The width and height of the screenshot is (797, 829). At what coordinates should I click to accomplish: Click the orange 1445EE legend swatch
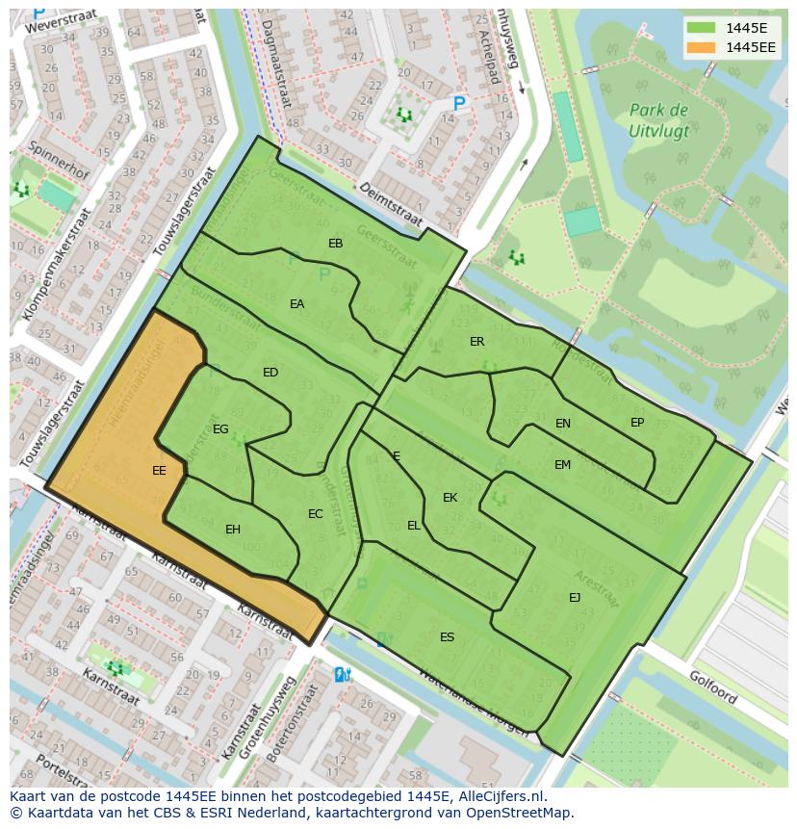pyautogui.click(x=704, y=47)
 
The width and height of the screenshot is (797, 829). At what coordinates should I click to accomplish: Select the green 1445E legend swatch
pyautogui.click(x=704, y=27)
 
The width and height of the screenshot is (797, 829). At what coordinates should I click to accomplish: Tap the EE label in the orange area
pyautogui.click(x=159, y=471)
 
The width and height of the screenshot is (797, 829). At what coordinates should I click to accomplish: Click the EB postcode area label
pyautogui.click(x=335, y=244)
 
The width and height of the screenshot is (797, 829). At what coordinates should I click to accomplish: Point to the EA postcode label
pyautogui.click(x=296, y=304)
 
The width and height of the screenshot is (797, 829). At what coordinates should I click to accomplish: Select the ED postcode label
pyautogui.click(x=270, y=373)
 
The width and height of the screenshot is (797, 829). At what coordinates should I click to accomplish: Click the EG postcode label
pyautogui.click(x=220, y=429)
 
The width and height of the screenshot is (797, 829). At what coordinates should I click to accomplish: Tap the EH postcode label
pyautogui.click(x=233, y=530)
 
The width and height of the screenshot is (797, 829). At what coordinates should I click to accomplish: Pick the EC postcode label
pyautogui.click(x=315, y=514)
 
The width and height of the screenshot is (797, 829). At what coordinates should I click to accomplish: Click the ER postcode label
pyautogui.click(x=476, y=342)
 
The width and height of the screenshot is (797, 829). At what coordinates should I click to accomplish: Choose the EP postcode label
pyautogui.click(x=637, y=423)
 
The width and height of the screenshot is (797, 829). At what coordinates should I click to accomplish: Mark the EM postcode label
pyautogui.click(x=562, y=465)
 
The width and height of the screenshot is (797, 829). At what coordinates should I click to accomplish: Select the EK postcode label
pyautogui.click(x=450, y=498)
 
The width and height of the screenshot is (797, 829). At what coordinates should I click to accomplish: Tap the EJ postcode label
pyautogui.click(x=575, y=598)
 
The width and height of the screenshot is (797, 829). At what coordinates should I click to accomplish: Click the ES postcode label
pyautogui.click(x=447, y=637)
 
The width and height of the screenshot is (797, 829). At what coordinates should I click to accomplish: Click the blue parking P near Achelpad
pyautogui.click(x=459, y=104)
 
